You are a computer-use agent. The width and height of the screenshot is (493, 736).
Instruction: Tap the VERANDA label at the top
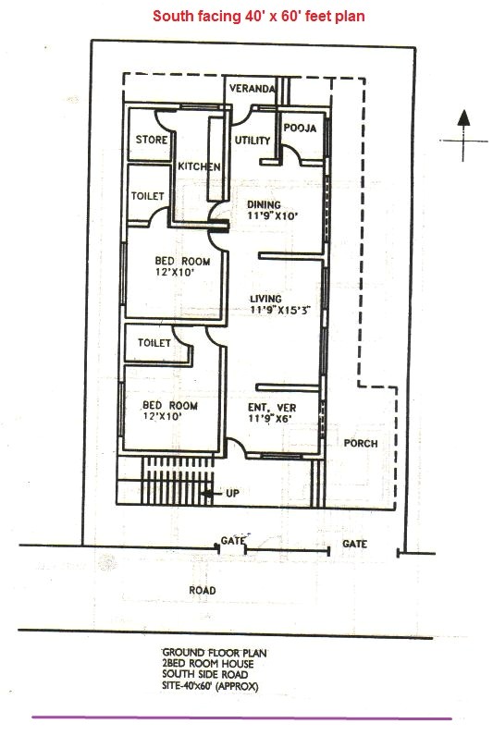tap(253, 89)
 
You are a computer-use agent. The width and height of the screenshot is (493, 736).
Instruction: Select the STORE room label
tap(151, 140)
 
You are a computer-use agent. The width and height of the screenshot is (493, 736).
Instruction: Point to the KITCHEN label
tap(199, 166)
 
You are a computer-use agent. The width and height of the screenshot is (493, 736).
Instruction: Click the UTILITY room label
tap(253, 141)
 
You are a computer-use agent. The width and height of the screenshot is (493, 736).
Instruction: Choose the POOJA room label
tap(300, 129)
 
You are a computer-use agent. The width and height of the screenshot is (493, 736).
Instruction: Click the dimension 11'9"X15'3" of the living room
tap(278, 311)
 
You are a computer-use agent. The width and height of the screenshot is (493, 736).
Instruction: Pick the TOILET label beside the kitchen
tap(147, 197)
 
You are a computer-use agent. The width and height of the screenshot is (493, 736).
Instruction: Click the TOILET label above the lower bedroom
tap(154, 343)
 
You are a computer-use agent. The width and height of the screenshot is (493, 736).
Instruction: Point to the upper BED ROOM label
tap(182, 262)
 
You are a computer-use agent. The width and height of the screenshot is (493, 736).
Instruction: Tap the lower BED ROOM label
tap(169, 406)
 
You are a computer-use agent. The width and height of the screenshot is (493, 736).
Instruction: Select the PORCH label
tap(361, 444)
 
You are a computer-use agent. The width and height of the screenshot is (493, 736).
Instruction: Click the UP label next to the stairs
tap(232, 494)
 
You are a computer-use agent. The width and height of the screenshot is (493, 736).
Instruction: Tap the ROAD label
tap(203, 590)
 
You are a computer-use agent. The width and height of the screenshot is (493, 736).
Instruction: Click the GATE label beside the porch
tap(354, 545)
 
